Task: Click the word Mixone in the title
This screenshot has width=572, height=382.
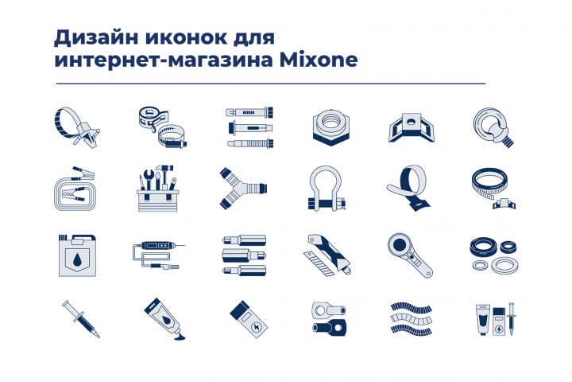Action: point(319,60)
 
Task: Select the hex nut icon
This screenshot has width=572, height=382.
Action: point(330,127)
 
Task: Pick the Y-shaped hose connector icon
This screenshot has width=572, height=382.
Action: point(242,189)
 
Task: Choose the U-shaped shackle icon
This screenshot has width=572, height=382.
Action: point(326,189)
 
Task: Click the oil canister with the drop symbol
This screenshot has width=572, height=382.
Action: point(77,255)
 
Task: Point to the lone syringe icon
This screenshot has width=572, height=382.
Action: point(80,319)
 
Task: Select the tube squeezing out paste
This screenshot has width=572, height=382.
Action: point(164,319)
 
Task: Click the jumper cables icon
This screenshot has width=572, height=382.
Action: point(75,189)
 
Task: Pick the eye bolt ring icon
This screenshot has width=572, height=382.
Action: point(494,127)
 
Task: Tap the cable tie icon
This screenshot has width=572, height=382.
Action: point(76,127)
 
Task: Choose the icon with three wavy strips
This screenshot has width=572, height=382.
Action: point(412,318)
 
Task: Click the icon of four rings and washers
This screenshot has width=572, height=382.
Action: point(493,255)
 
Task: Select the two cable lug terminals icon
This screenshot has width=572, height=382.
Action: point(330,319)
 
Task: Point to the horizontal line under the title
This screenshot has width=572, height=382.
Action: point(271,84)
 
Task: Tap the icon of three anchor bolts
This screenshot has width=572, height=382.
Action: point(250,127)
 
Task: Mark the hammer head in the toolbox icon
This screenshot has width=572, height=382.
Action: point(164,169)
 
